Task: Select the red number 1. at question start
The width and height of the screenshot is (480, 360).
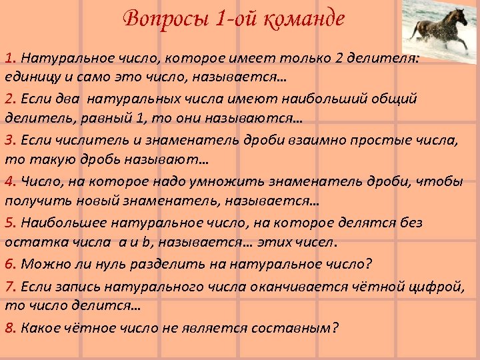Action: point(11,58)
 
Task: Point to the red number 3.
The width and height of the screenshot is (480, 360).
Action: point(11,140)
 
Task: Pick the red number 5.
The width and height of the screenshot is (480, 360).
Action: point(11,223)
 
